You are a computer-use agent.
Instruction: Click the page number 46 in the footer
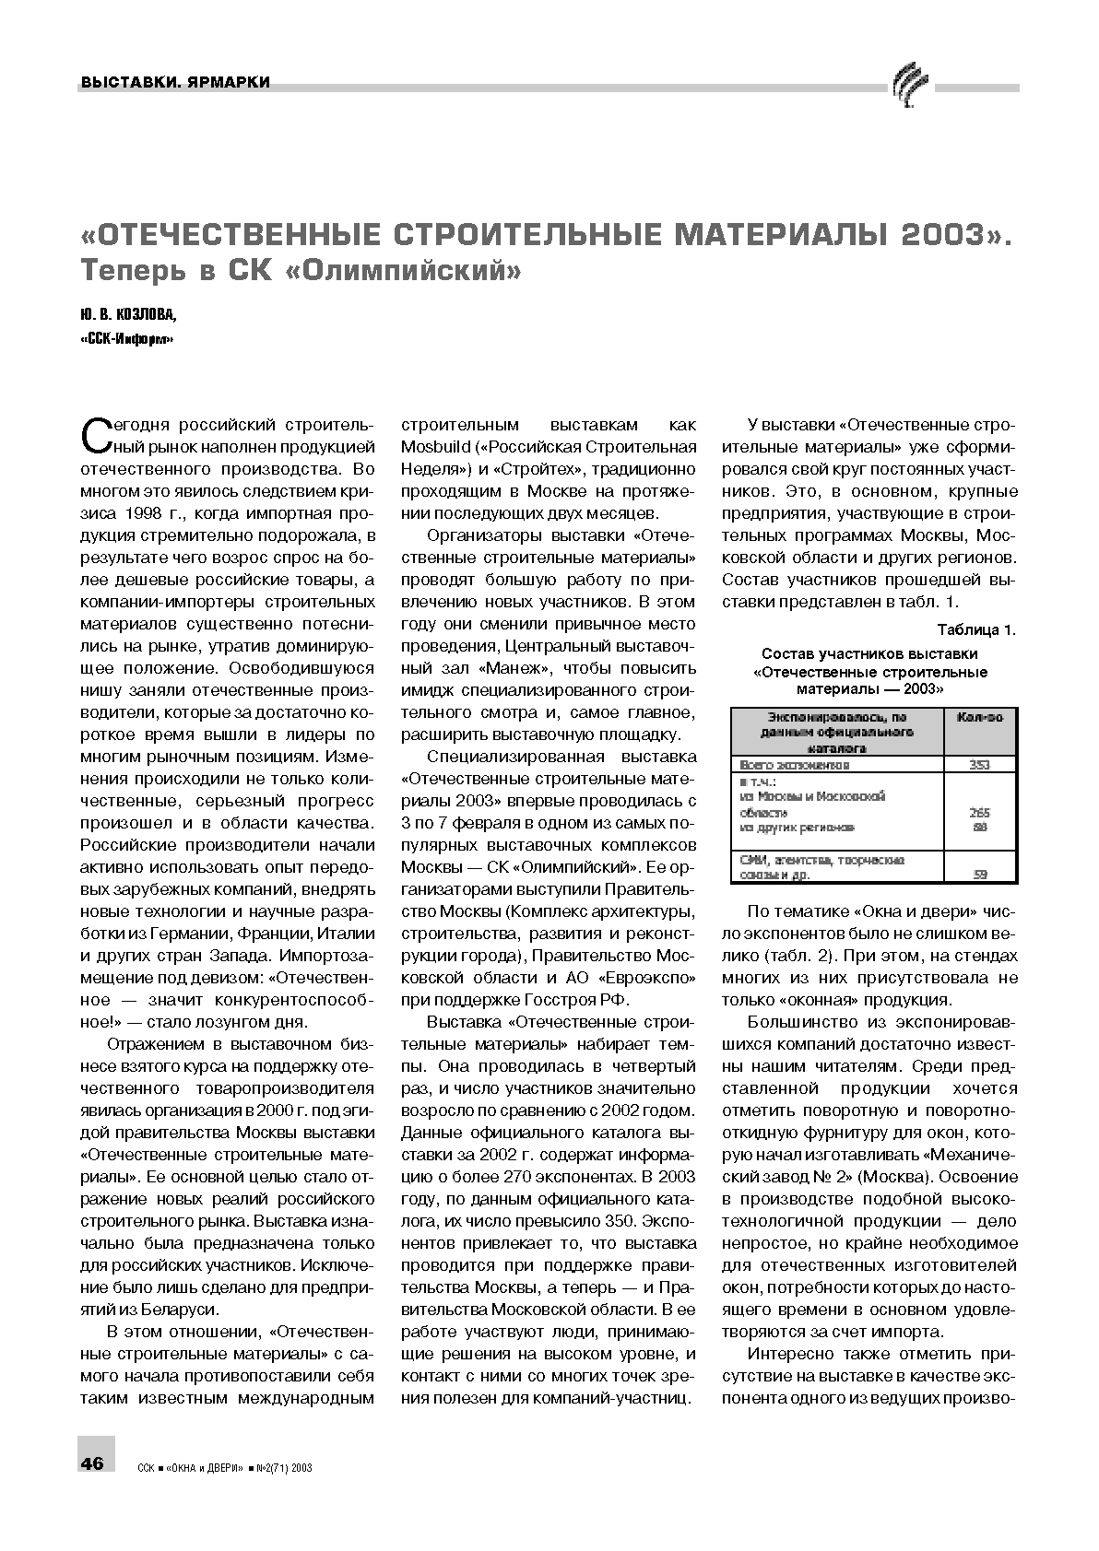tap(94, 1463)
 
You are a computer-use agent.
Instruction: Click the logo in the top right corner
tap(911, 88)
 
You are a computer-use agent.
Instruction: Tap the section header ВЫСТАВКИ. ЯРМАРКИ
tap(175, 83)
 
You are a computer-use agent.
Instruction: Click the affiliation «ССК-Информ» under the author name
tap(128, 340)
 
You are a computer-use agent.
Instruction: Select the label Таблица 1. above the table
tap(975, 630)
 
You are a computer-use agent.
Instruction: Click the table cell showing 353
tap(979, 765)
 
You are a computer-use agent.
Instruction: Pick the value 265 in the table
tap(979, 813)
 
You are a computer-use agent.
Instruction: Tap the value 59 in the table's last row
tap(979, 875)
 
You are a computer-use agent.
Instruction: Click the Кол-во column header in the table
tap(979, 717)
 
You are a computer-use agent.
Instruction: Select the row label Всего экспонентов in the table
tap(795, 765)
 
